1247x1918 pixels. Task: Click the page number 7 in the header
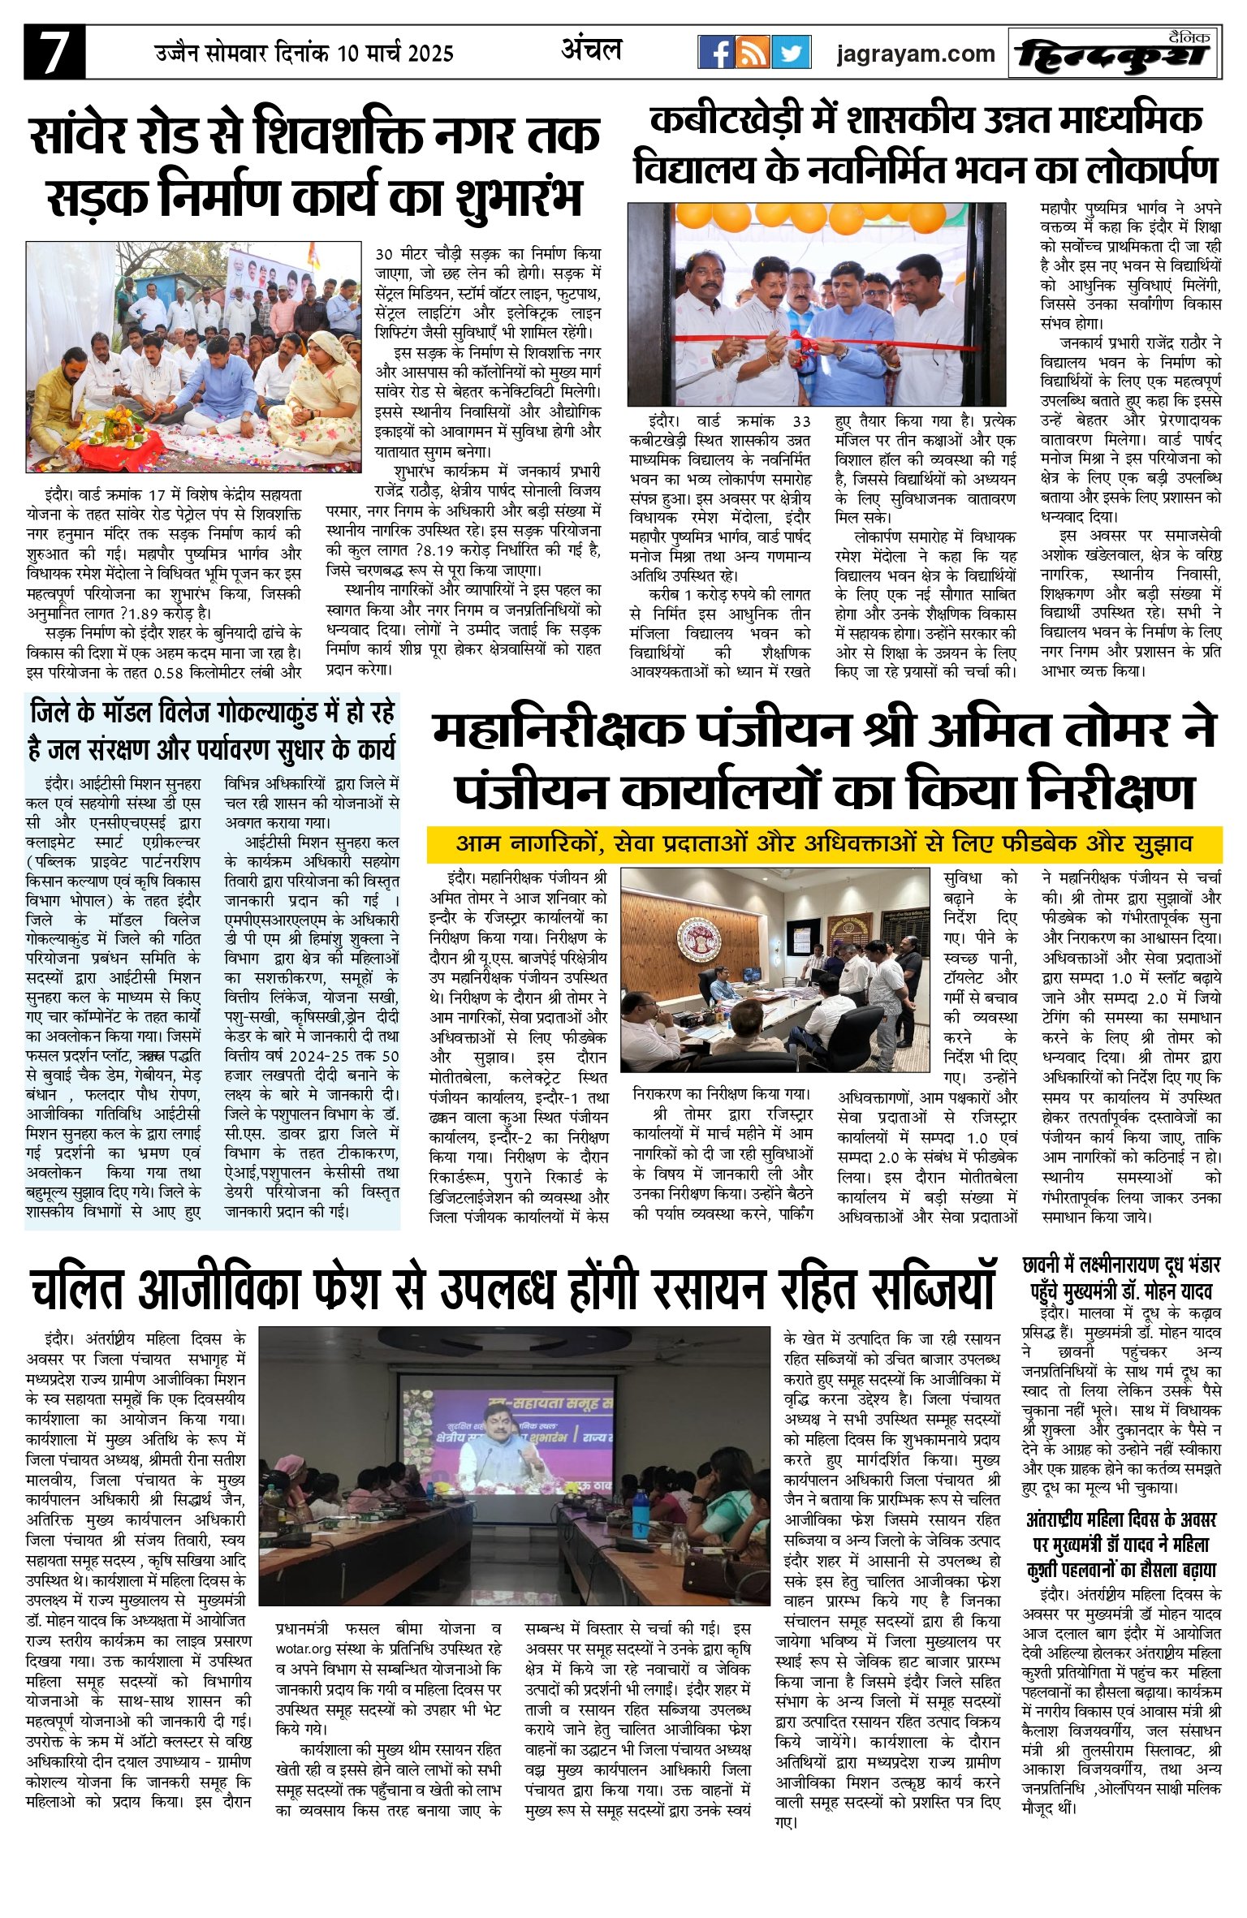click(54, 53)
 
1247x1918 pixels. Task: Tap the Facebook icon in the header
click(715, 53)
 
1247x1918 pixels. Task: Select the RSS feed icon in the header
click(753, 53)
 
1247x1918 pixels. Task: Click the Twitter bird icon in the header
click(791, 53)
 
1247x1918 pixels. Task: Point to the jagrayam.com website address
click(915, 54)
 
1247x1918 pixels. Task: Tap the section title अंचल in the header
click(591, 50)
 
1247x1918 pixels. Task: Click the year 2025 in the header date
click(430, 54)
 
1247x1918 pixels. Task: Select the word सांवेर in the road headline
click(81, 136)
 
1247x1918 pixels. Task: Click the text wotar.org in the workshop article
click(304, 1649)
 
